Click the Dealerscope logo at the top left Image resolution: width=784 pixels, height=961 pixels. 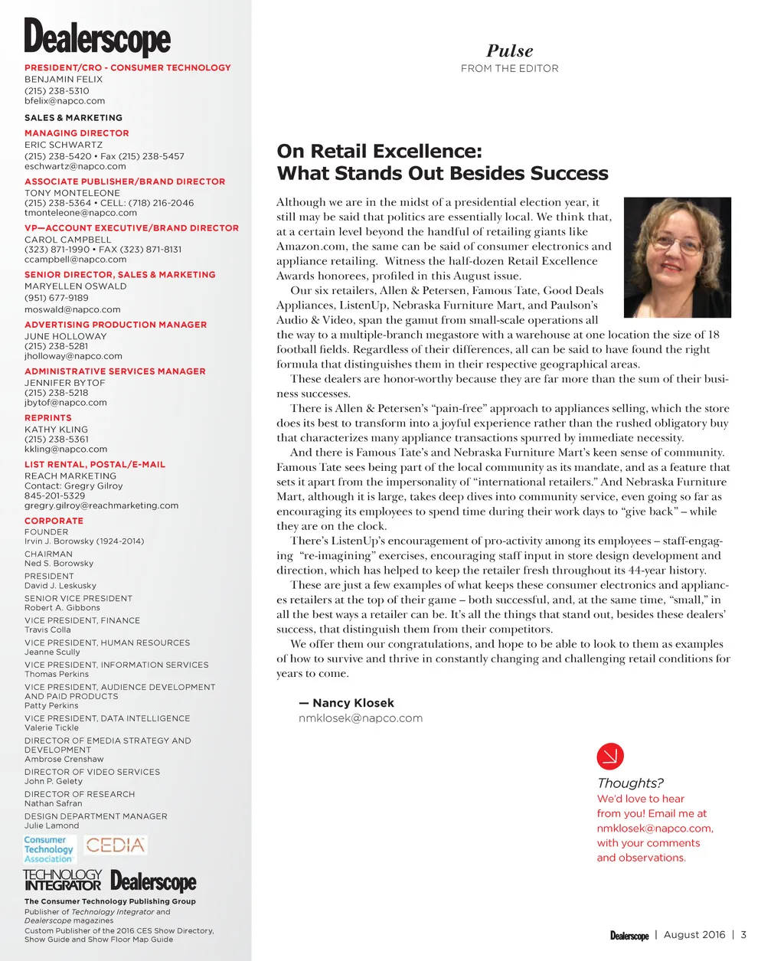pos(97,38)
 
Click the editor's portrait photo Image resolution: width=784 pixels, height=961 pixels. pos(677,257)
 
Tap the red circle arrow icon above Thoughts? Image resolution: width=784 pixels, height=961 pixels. pos(610,757)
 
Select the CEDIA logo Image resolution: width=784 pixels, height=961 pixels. pos(115,845)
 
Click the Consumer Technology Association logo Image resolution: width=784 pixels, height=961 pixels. pos(49,849)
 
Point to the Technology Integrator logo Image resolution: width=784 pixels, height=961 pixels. pos(62,880)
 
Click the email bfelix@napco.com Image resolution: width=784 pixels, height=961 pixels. pos(64,101)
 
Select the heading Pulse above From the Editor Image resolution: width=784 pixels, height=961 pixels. pos(509,51)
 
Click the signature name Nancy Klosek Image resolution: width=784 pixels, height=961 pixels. pos(353,703)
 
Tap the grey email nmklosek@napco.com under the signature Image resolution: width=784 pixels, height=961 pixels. pos(361,718)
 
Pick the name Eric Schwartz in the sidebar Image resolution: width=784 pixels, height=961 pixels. pos(64,145)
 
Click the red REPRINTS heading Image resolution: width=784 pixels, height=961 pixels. pos(47,418)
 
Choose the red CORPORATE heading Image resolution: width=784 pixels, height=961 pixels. pos(54,521)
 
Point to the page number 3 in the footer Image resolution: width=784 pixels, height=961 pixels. pos(743,935)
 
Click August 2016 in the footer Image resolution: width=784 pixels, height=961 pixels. pos(694,935)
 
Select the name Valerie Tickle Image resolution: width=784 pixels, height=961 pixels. pos(51,727)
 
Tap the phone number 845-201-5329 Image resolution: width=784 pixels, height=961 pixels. pos(54,495)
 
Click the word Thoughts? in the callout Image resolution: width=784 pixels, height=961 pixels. pos(630,783)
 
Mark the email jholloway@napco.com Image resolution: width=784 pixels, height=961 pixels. pos(73,356)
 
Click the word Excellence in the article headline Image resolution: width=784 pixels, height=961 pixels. pos(426,152)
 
